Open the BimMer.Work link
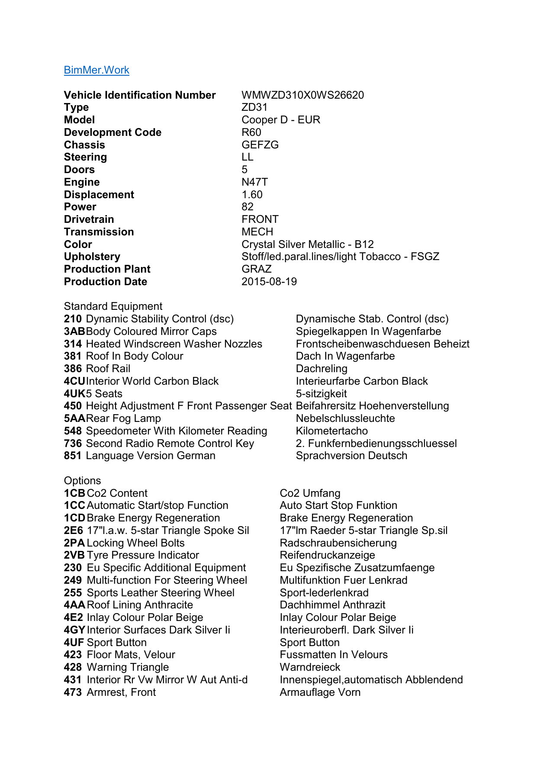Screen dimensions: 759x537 tap(96, 70)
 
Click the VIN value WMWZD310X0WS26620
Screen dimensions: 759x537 tap(302, 95)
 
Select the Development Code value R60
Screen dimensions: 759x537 tap(251, 132)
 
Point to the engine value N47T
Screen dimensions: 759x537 tap(254, 182)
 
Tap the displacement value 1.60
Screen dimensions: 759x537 tap(252, 195)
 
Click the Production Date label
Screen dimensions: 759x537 tap(106, 282)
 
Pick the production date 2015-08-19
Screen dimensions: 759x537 tap(269, 282)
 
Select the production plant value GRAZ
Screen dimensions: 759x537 tap(257, 269)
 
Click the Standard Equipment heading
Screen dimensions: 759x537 tap(113, 306)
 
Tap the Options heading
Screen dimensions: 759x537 tap(82, 481)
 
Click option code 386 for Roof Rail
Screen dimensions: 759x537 tap(73, 369)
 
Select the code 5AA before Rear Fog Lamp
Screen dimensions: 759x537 tap(74, 418)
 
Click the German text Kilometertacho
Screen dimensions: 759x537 tap(331, 431)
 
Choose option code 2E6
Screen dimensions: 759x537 tap(73, 531)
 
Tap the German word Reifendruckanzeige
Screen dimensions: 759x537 tap(327, 555)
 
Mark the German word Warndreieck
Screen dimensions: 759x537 tap(310, 667)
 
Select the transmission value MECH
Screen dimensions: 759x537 tap(257, 232)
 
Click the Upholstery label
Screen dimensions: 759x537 tap(92, 257)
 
